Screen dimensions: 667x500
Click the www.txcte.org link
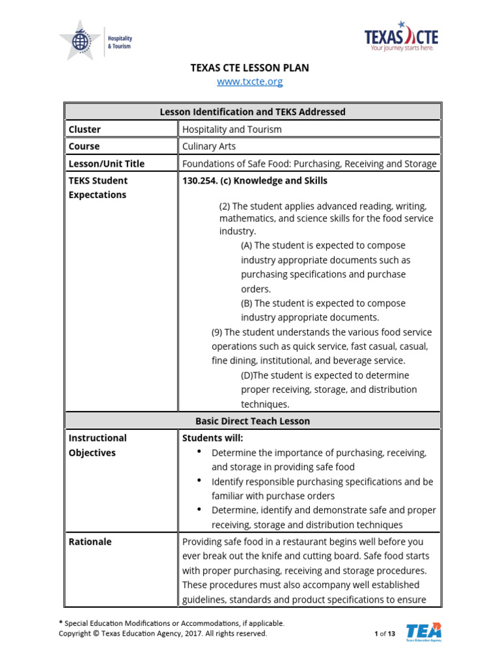249,82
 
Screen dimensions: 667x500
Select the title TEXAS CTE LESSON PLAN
249,67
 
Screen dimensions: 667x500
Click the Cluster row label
85,130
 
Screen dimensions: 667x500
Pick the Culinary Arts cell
209,147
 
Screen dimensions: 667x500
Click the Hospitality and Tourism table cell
232,130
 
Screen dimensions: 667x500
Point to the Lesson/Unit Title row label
107,163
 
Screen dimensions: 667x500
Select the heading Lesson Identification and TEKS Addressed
253,112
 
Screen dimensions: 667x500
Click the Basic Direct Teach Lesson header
253,421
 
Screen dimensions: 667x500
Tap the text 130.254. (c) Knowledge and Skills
255,180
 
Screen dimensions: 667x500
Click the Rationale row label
90,542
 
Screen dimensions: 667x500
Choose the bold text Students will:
212,438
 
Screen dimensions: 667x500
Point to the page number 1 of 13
385,633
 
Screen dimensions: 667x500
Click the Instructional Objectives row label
98,446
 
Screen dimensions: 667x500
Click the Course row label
84,147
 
